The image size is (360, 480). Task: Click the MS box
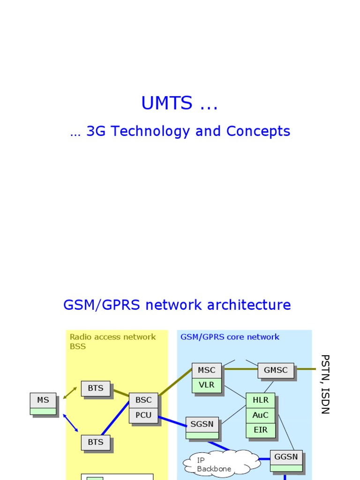coord(43,401)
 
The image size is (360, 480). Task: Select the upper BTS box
coord(96,389)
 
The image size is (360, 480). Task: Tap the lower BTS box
coord(96,442)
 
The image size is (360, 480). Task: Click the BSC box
coord(143,400)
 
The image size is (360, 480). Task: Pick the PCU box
coord(143,415)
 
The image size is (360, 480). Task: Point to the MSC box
coord(206,370)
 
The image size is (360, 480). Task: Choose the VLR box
coord(206,385)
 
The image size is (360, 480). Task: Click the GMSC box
coord(276,370)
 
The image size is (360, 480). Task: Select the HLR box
coord(260,400)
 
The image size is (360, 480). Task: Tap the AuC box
coord(260,415)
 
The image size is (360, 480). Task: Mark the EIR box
coord(260,430)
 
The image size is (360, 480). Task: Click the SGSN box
coord(202,425)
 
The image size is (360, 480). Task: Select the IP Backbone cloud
coord(215,464)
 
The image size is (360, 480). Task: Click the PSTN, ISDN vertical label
coord(325,384)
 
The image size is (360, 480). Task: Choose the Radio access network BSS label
coord(112,342)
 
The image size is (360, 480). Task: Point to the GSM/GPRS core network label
coord(230,337)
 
